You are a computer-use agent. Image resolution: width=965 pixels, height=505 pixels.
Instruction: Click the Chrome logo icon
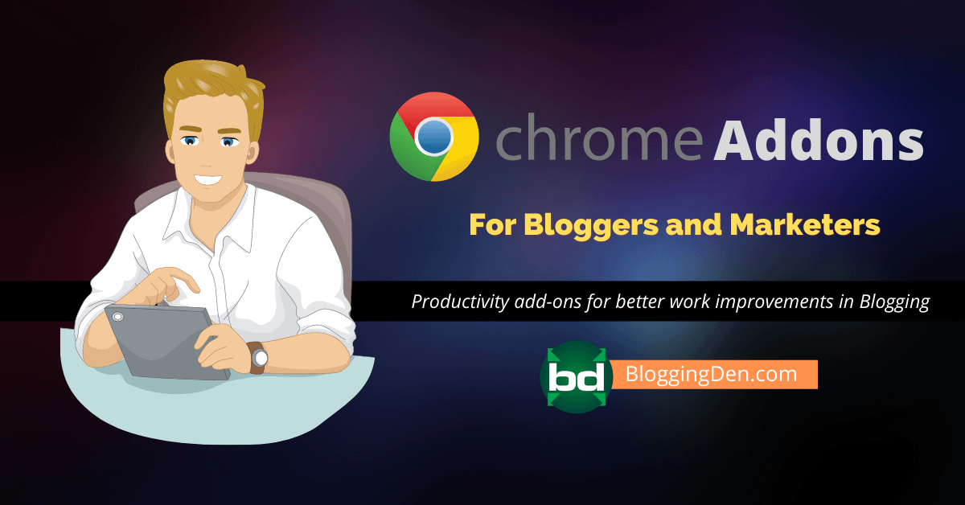click(x=433, y=137)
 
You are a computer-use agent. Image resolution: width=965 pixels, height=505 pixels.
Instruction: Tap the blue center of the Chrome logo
click(x=433, y=137)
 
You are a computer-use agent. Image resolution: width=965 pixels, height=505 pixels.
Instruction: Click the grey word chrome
click(x=599, y=137)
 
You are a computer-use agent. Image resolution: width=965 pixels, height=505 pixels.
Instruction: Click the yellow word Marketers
click(x=805, y=224)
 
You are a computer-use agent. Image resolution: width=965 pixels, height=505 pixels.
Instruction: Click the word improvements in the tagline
click(x=774, y=302)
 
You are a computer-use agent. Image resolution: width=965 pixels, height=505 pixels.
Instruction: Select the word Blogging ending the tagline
click(x=894, y=302)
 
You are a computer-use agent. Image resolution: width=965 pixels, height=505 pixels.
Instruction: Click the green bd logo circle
click(x=576, y=377)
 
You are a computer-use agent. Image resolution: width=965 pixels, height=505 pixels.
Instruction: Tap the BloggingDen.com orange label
click(x=714, y=374)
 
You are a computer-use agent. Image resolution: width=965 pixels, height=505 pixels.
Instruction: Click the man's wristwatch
click(x=258, y=358)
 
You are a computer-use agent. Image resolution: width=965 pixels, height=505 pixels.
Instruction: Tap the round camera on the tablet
click(x=117, y=317)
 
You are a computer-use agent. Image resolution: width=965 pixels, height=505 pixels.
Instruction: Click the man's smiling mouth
click(x=207, y=179)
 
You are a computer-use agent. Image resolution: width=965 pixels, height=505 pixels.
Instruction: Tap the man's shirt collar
click(x=211, y=220)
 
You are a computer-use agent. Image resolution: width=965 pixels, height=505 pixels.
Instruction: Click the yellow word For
click(x=493, y=225)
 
